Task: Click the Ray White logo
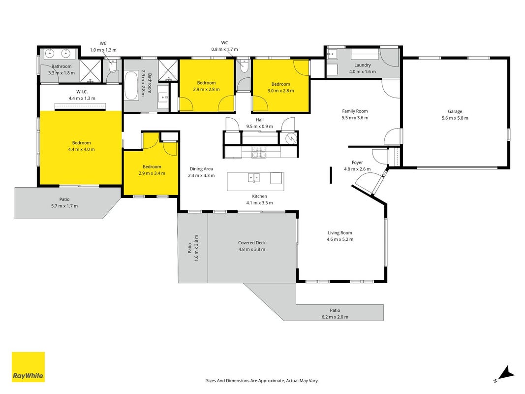(28, 367)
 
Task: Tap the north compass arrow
(505, 374)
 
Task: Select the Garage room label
(455, 112)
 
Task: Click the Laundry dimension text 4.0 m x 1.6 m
(362, 72)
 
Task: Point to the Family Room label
(355, 111)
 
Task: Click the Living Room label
(340, 233)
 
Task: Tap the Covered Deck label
(252, 243)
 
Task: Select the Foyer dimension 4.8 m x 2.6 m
(357, 169)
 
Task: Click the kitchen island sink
(253, 178)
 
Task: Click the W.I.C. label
(82, 92)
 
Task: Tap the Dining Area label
(201, 169)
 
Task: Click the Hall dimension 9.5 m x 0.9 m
(259, 127)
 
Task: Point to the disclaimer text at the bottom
(262, 381)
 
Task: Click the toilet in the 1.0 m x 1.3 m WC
(113, 67)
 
